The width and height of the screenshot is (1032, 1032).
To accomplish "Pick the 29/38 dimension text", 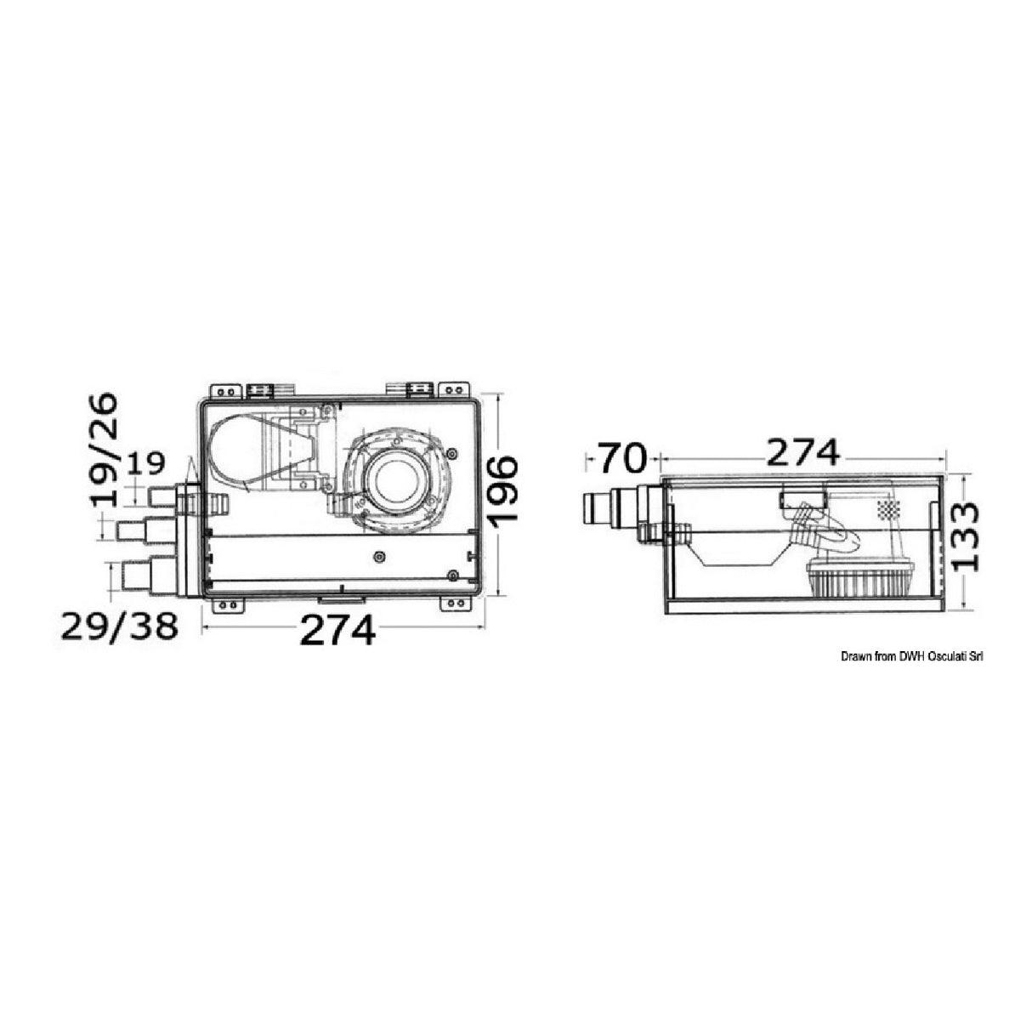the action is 119,626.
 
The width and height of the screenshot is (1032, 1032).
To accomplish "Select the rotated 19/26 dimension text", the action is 104,449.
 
